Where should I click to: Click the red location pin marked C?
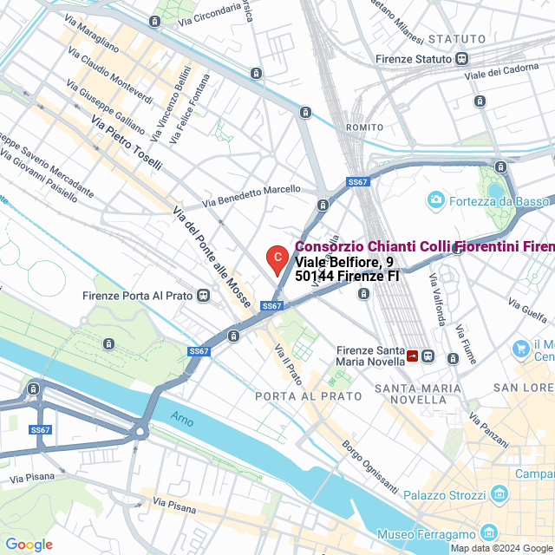[x=276, y=258]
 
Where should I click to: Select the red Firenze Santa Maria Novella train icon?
[x=412, y=356]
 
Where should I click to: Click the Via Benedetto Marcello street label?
[x=251, y=195]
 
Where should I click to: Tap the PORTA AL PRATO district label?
[x=308, y=395]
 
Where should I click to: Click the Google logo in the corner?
[x=29, y=544]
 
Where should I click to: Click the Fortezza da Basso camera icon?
[x=436, y=200]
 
